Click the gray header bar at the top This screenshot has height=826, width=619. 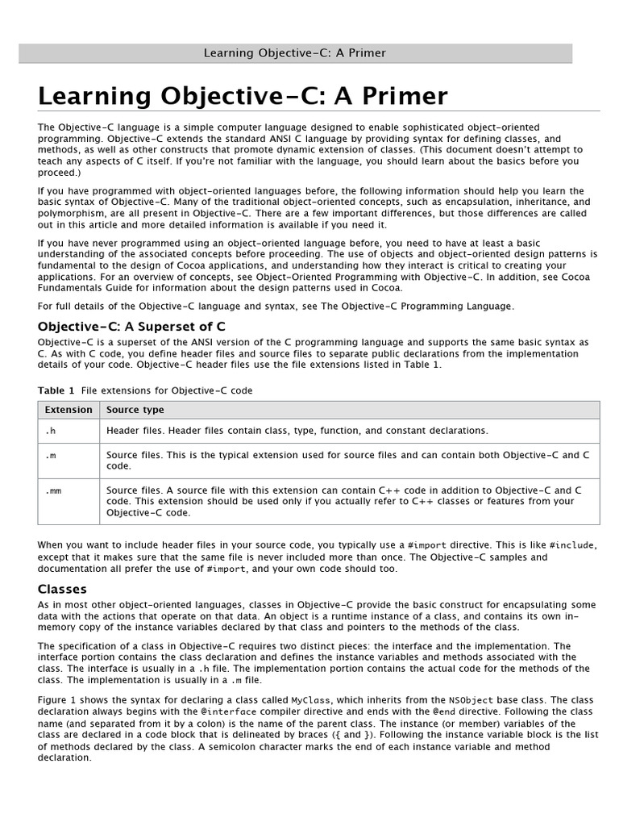point(295,53)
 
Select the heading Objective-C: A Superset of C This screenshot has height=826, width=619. point(131,326)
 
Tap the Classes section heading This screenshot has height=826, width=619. point(62,589)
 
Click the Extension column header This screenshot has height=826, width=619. point(69,410)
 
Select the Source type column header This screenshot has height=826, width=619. point(135,410)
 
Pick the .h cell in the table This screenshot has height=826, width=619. point(49,431)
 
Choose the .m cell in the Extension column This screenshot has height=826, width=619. point(49,455)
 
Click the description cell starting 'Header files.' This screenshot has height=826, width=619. point(297,431)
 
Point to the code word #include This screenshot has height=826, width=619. point(571,545)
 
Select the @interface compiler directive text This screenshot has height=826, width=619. point(230,711)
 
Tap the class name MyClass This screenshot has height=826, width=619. point(310,700)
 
